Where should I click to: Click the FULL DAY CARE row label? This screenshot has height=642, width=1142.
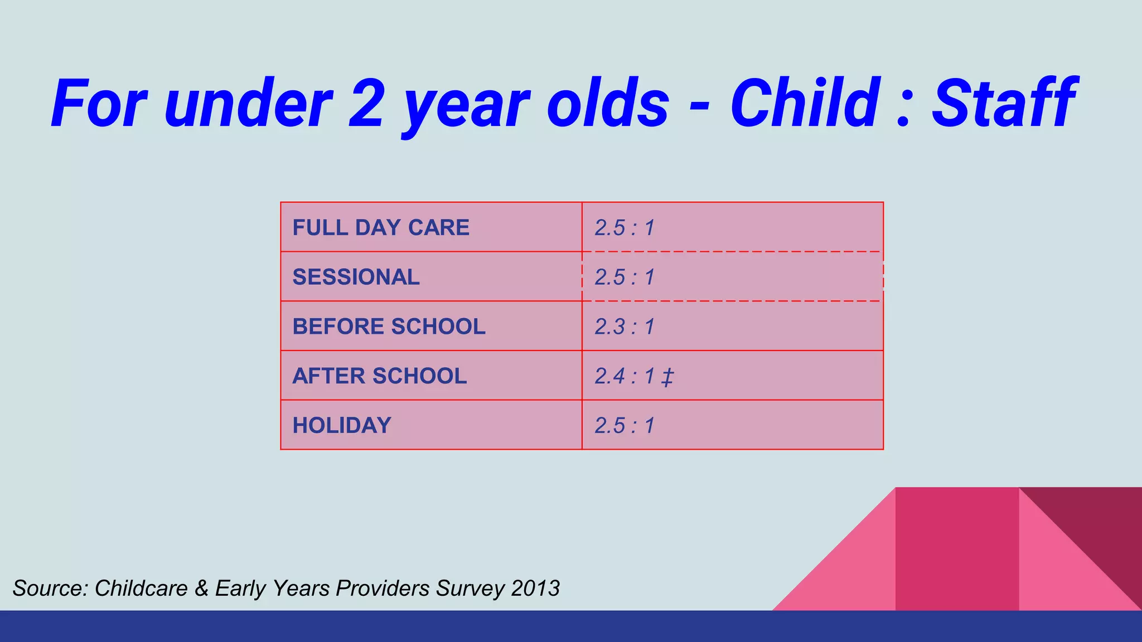click(x=381, y=228)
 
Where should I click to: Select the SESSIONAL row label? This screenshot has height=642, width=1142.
click(x=356, y=278)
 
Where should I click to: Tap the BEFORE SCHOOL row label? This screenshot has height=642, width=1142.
click(x=389, y=327)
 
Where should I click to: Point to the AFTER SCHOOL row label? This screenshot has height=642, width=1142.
click(x=379, y=376)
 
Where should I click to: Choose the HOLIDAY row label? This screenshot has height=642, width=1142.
click(x=342, y=426)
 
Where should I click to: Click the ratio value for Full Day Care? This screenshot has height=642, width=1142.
click(x=625, y=228)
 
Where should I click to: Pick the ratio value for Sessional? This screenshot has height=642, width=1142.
click(x=625, y=278)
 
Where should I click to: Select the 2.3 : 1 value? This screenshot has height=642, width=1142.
click(x=625, y=327)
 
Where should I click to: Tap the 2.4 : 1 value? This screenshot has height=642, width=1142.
click(x=625, y=376)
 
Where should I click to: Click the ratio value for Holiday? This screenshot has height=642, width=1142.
click(x=625, y=426)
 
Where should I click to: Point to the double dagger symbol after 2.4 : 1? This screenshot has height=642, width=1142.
click(x=667, y=378)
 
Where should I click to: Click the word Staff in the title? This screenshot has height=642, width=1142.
click(x=1004, y=104)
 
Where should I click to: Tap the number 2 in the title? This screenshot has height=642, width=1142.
click(x=366, y=104)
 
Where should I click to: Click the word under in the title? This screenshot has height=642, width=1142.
click(x=248, y=104)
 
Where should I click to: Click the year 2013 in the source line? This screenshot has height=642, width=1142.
click(x=535, y=588)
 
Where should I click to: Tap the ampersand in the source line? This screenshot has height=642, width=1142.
click(x=201, y=588)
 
